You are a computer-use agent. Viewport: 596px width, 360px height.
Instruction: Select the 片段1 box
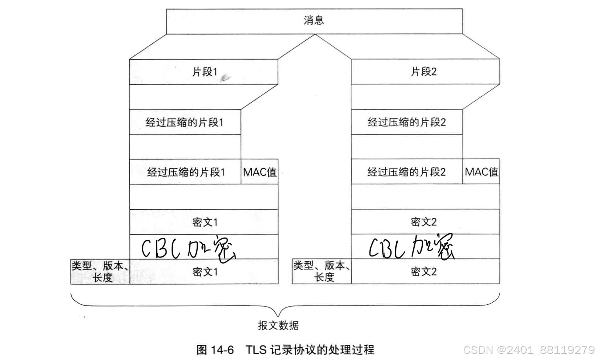pos(204,72)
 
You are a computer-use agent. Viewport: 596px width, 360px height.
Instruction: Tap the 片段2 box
pos(425,72)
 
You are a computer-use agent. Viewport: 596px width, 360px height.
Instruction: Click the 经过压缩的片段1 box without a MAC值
pos(185,122)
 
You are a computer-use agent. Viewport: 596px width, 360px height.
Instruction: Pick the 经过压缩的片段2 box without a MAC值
pos(406,122)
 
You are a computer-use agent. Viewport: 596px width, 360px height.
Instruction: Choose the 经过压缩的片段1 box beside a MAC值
pos(185,172)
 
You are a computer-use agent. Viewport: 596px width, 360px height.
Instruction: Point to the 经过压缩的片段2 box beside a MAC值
pos(406,172)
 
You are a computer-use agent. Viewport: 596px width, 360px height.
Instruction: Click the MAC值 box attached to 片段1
pos(259,172)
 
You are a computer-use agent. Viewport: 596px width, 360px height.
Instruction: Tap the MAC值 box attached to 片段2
pos(481,172)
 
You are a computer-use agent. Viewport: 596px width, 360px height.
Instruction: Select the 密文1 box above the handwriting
pos(204,222)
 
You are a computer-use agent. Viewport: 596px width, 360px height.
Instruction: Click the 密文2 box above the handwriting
pos(425,222)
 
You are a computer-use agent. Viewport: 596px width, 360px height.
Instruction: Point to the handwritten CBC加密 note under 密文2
pos(411,247)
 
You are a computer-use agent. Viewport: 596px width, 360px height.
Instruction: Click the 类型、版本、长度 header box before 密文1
pos(100,272)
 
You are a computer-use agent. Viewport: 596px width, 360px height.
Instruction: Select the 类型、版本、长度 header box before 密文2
pos(322,272)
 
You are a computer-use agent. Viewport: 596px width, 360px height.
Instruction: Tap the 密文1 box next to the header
pos(204,272)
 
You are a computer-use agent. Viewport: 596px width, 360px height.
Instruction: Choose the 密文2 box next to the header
pos(425,272)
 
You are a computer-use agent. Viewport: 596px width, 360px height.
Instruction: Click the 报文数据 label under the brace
pos(278,325)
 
